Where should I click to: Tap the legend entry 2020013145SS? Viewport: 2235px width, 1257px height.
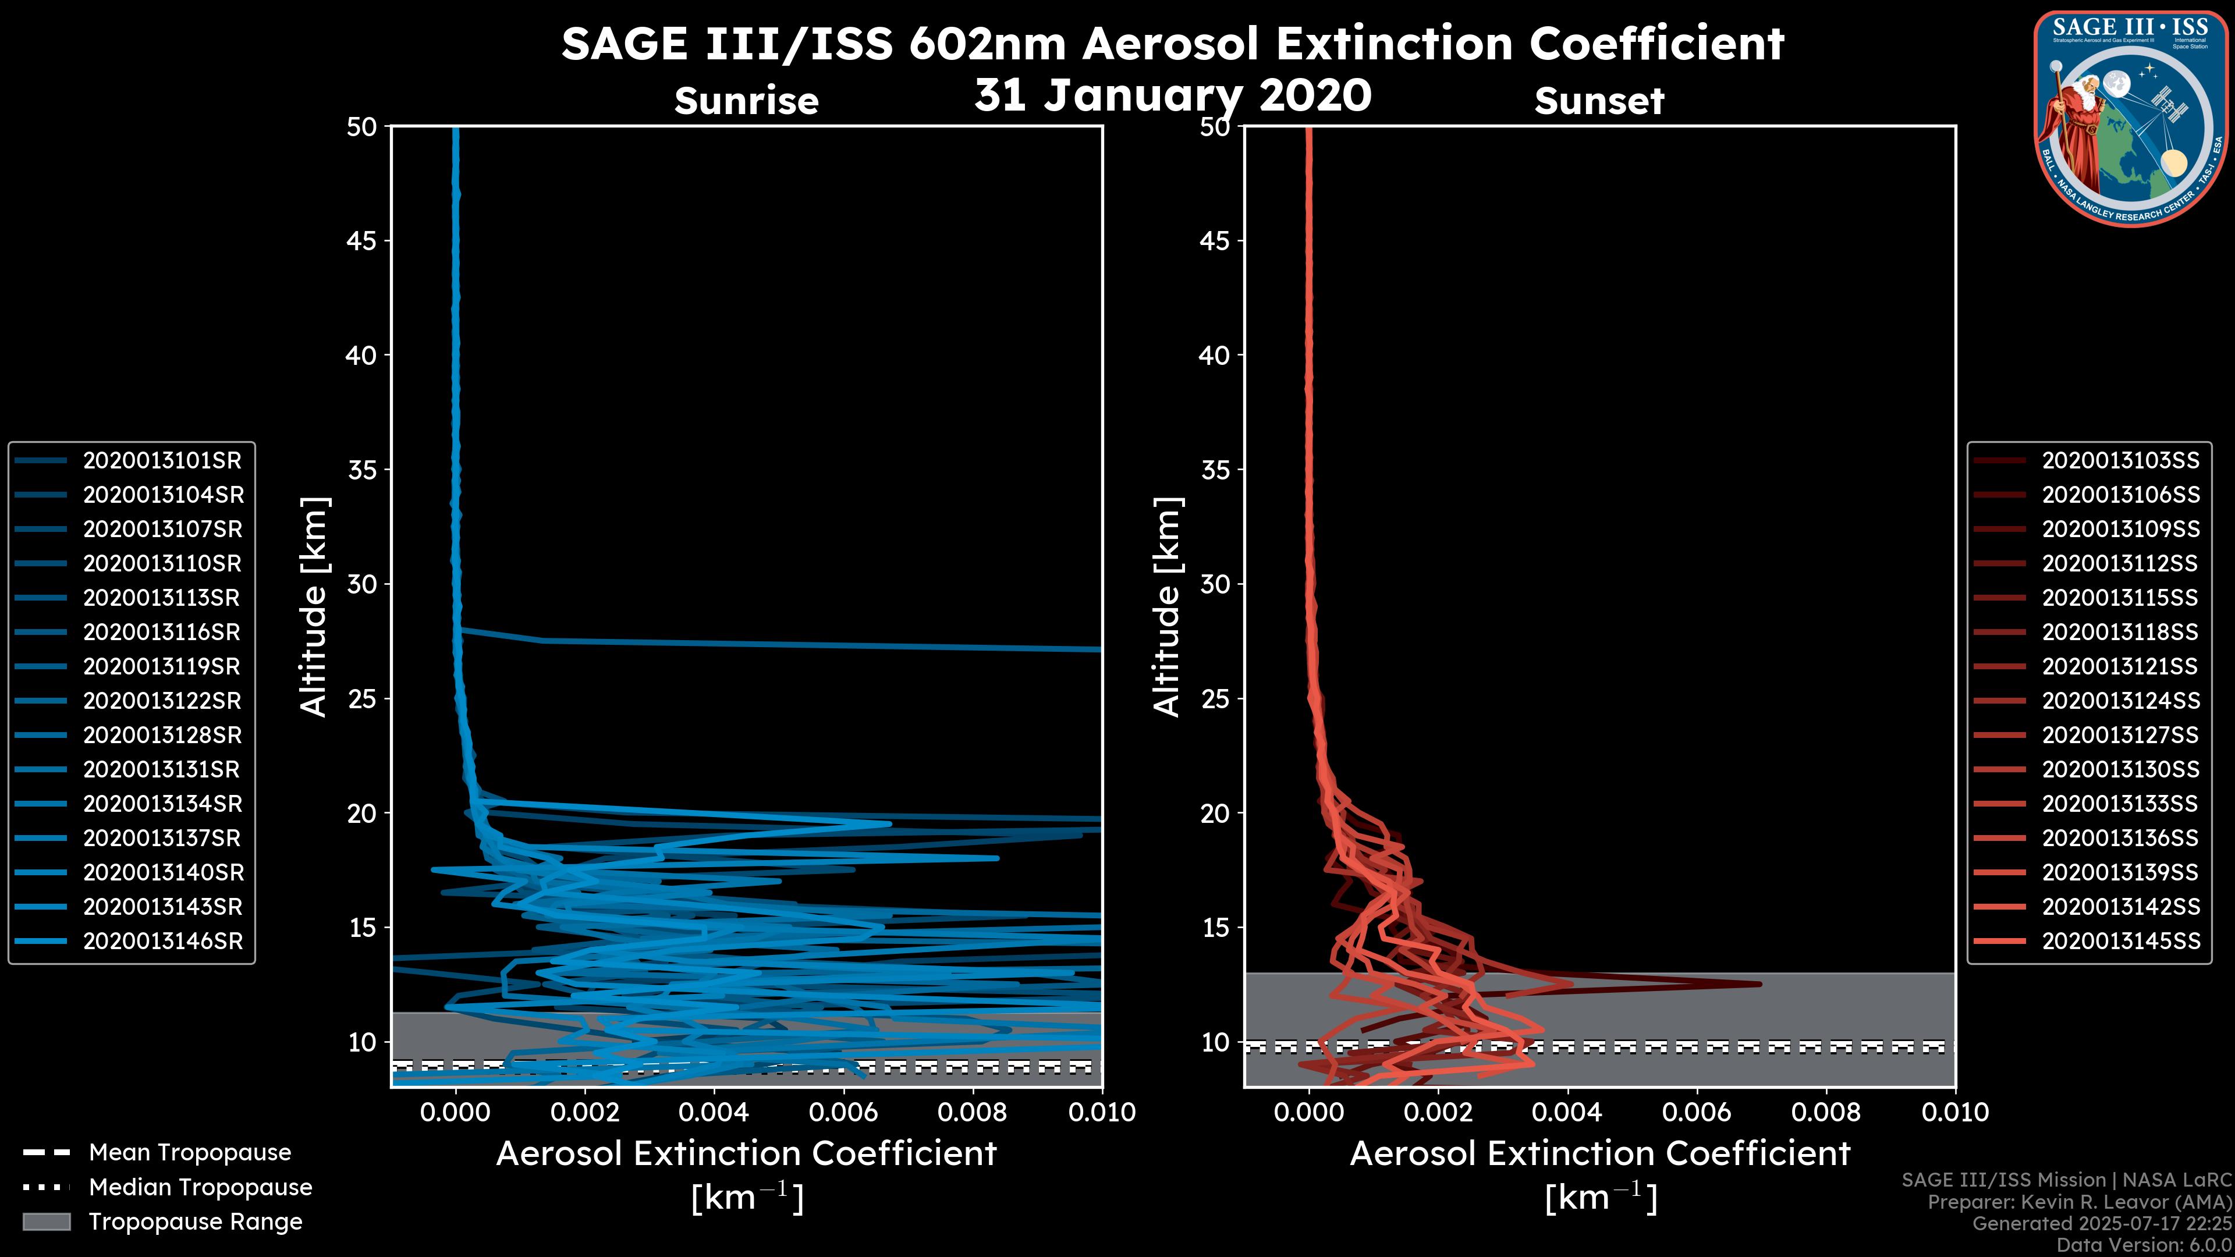tap(2120, 941)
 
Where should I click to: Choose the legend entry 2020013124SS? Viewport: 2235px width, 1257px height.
tap(2120, 701)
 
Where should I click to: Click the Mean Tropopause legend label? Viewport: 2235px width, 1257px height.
tap(190, 1153)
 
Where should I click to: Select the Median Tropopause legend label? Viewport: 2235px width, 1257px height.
tap(200, 1188)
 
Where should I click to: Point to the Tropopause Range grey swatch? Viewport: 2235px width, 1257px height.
tap(46, 1222)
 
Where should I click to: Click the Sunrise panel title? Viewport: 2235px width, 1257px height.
tap(746, 101)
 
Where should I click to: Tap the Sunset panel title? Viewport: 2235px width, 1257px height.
tap(1599, 101)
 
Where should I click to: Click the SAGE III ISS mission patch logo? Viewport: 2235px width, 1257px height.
tap(2130, 117)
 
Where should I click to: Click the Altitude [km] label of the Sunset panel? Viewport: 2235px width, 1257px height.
tap(1167, 607)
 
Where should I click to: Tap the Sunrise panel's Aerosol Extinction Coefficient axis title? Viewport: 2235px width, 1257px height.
tap(746, 1154)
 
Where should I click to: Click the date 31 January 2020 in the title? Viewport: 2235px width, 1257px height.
tap(1172, 95)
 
